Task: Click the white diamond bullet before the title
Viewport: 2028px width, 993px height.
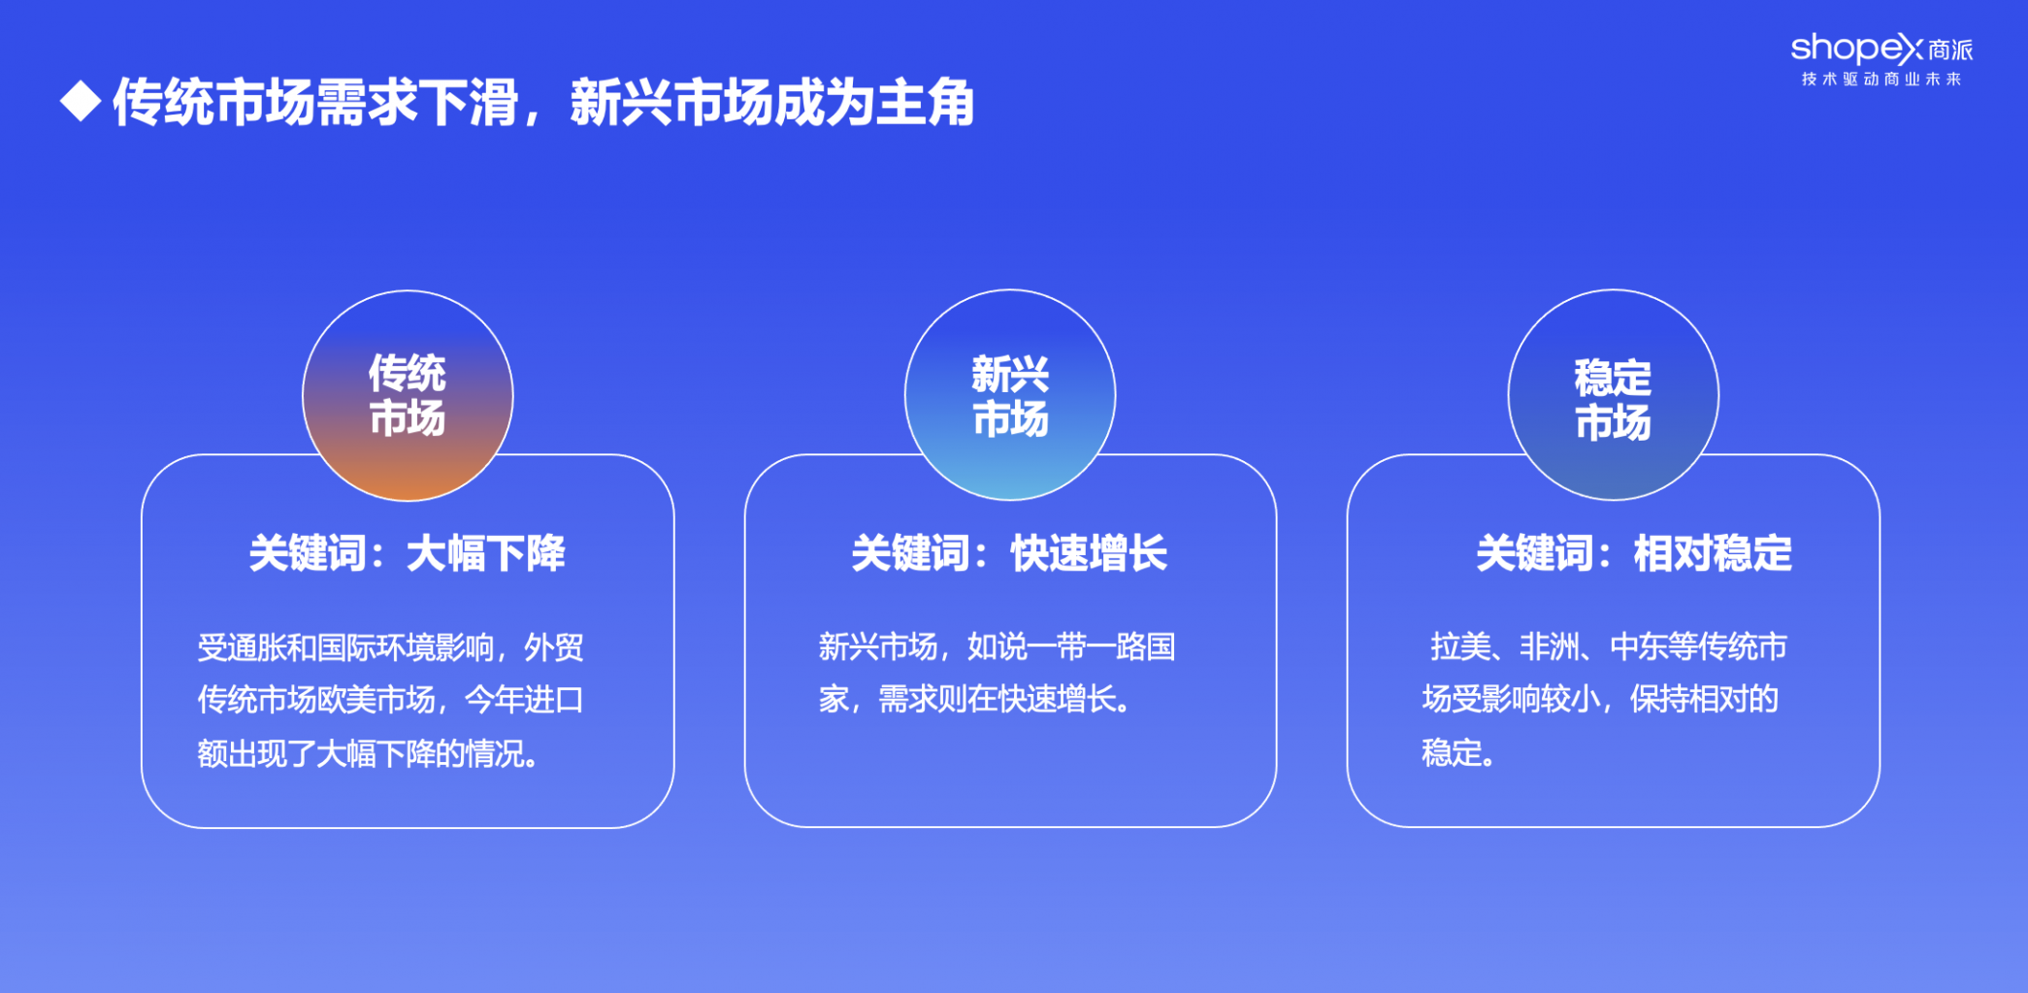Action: pos(81,101)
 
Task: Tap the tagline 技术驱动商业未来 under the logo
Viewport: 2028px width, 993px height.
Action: pos(1881,80)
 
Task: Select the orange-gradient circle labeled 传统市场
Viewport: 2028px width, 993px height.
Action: pos(408,395)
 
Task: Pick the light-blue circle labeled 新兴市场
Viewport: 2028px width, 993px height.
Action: pos(1010,395)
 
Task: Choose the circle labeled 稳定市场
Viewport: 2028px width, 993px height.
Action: pos(1613,395)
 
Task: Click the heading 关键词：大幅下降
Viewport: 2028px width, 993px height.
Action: pos(408,553)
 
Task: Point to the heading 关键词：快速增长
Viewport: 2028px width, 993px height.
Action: pos(1010,553)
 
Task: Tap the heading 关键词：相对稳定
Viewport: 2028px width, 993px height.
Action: pos(1634,553)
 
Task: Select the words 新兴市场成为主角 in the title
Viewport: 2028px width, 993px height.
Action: pos(772,102)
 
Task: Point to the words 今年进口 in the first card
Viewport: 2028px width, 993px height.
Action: pos(524,700)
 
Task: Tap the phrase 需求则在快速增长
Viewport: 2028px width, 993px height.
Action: pos(1005,700)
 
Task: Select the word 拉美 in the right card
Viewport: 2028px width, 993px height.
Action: pos(1460,647)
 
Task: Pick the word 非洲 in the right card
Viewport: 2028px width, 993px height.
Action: pos(1550,647)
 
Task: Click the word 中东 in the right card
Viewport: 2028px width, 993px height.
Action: pos(1639,647)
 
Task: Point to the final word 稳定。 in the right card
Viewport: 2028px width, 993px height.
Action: pos(1458,753)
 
